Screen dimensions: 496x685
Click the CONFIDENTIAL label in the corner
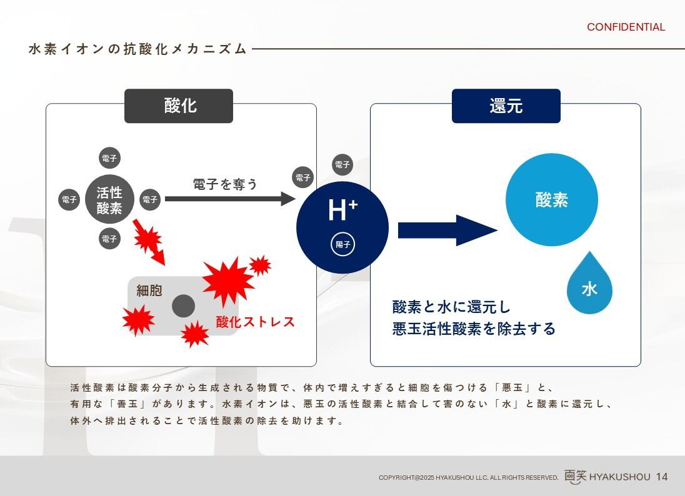[626, 27]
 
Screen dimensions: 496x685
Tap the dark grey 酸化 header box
[179, 106]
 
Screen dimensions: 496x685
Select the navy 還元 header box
[506, 106]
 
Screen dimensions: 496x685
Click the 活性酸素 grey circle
[109, 200]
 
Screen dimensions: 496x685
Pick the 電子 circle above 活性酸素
[109, 158]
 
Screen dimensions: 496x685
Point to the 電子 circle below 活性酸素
[109, 239]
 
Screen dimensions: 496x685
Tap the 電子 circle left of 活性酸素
[68, 200]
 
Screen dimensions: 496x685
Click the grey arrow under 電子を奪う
[229, 199]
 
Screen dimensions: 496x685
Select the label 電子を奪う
[225, 184]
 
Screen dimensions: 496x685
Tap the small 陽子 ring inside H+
[342, 244]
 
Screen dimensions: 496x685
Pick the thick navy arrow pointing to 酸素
[447, 231]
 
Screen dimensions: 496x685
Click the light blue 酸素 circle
[551, 200]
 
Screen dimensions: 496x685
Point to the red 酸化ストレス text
[255, 322]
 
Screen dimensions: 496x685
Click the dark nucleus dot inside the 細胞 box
[183, 305]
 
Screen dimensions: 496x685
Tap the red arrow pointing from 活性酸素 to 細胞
[150, 241]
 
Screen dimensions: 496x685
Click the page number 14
[662, 477]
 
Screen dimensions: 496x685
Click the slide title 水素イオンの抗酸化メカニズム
[137, 49]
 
